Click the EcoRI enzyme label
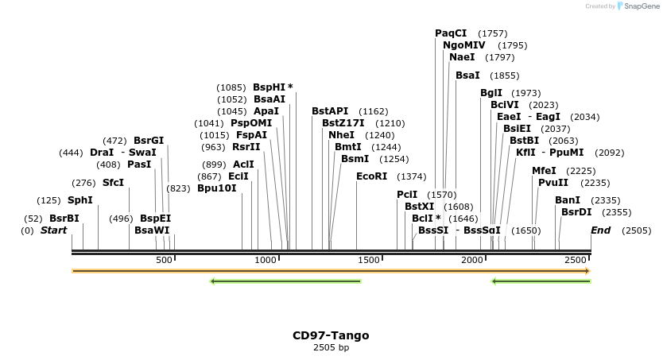[371, 176]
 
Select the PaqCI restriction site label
[451, 33]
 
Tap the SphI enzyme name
[79, 200]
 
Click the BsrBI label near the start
[64, 218]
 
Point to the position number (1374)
[412, 176]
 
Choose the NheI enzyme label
[341, 135]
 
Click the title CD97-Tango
[331, 335]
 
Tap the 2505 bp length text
[331, 347]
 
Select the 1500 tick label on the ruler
[368, 261]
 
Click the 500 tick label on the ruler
[164, 261]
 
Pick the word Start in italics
[53, 230]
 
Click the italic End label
[600, 230]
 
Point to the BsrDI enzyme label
[576, 212]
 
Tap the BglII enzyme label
[491, 93]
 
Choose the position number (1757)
[492, 33]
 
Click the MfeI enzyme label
[544, 171]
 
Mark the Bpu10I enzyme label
[217, 188]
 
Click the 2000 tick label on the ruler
[472, 261]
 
